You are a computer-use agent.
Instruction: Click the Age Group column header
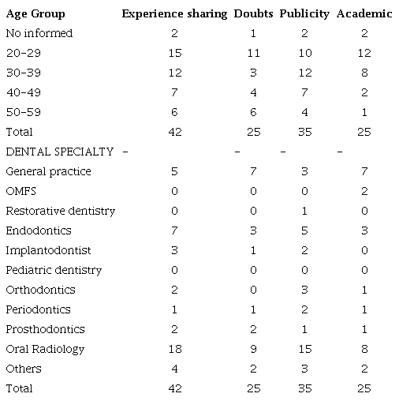(35, 13)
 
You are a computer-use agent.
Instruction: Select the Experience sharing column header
(174, 13)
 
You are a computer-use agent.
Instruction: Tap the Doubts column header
(252, 13)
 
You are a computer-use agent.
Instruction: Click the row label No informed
(39, 33)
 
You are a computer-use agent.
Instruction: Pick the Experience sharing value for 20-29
(175, 53)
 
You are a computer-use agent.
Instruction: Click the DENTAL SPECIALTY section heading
(59, 152)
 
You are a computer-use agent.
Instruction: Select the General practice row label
(49, 171)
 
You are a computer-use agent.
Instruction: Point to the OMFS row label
(21, 191)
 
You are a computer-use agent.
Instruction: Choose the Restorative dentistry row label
(61, 211)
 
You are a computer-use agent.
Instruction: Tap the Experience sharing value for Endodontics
(175, 230)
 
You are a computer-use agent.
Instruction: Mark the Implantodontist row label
(48, 250)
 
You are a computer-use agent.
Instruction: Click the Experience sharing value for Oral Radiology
(175, 349)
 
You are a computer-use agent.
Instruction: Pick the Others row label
(23, 369)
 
